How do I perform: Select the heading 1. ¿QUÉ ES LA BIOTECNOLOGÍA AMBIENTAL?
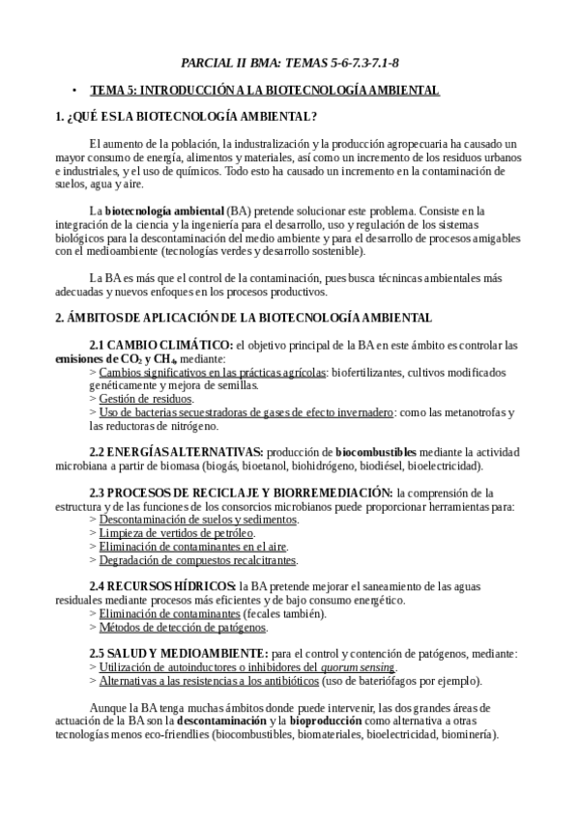[187, 117]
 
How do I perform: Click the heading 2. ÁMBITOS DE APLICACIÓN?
[244, 317]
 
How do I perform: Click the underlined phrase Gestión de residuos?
[146, 398]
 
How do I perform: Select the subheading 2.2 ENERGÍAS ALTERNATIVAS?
[176, 451]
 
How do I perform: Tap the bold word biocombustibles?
[376, 451]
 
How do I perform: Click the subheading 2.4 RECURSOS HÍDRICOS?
[162, 586]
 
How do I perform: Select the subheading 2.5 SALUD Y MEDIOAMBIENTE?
[179, 654]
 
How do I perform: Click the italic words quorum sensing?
[361, 667]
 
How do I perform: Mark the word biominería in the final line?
[467, 734]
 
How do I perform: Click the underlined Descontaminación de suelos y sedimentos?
[199, 519]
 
